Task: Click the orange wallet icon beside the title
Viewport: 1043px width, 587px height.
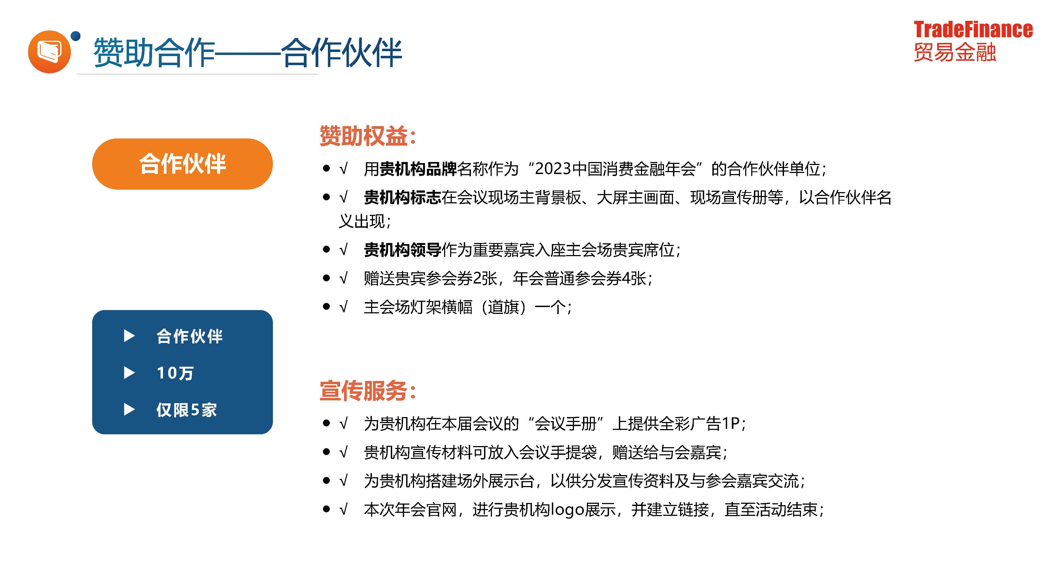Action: (x=49, y=52)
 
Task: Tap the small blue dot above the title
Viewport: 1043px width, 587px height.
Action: (x=76, y=36)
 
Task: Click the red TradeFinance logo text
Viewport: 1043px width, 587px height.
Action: (x=973, y=30)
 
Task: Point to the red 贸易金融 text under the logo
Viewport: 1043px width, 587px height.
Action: (x=955, y=52)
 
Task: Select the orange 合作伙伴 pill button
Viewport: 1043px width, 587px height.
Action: (x=182, y=164)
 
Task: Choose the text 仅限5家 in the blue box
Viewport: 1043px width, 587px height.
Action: (x=187, y=410)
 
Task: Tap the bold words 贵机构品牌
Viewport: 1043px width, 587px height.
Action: (x=418, y=169)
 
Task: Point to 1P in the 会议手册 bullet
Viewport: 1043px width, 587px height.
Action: (x=731, y=424)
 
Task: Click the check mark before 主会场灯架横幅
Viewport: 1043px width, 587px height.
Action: (x=343, y=307)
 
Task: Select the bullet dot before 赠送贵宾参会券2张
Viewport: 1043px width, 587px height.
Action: (x=326, y=278)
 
